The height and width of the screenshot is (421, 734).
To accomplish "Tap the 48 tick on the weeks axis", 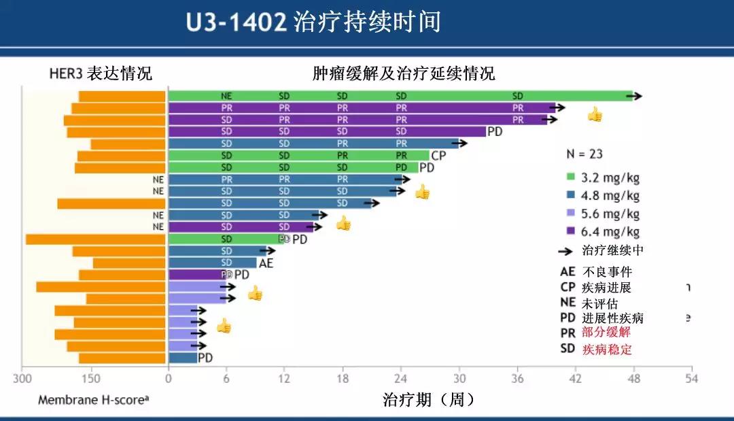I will click(x=633, y=379).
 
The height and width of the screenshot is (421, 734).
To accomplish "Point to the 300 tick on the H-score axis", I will click(x=23, y=379).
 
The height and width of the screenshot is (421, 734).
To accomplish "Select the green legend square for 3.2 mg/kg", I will click(x=572, y=178).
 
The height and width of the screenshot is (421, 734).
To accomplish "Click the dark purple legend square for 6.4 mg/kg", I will click(x=572, y=231).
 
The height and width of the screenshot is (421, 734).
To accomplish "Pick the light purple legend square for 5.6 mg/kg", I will click(x=572, y=214).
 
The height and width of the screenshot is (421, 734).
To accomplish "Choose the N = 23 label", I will click(x=584, y=154).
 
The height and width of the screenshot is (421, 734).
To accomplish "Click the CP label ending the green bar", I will click(x=438, y=156).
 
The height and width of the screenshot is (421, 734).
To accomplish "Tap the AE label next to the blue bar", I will click(x=265, y=263).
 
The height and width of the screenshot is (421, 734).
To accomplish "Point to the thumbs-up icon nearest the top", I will click(x=595, y=114).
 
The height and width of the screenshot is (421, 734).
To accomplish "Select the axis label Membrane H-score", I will click(x=93, y=400).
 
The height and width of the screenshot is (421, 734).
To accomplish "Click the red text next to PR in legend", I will click(x=606, y=333).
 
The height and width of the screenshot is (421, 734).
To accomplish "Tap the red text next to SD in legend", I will click(x=606, y=350).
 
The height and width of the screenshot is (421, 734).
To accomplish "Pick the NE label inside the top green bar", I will click(x=226, y=97).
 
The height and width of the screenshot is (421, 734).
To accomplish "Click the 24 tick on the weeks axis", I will click(x=401, y=379).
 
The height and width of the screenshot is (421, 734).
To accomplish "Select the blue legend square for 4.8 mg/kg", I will click(x=572, y=196).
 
